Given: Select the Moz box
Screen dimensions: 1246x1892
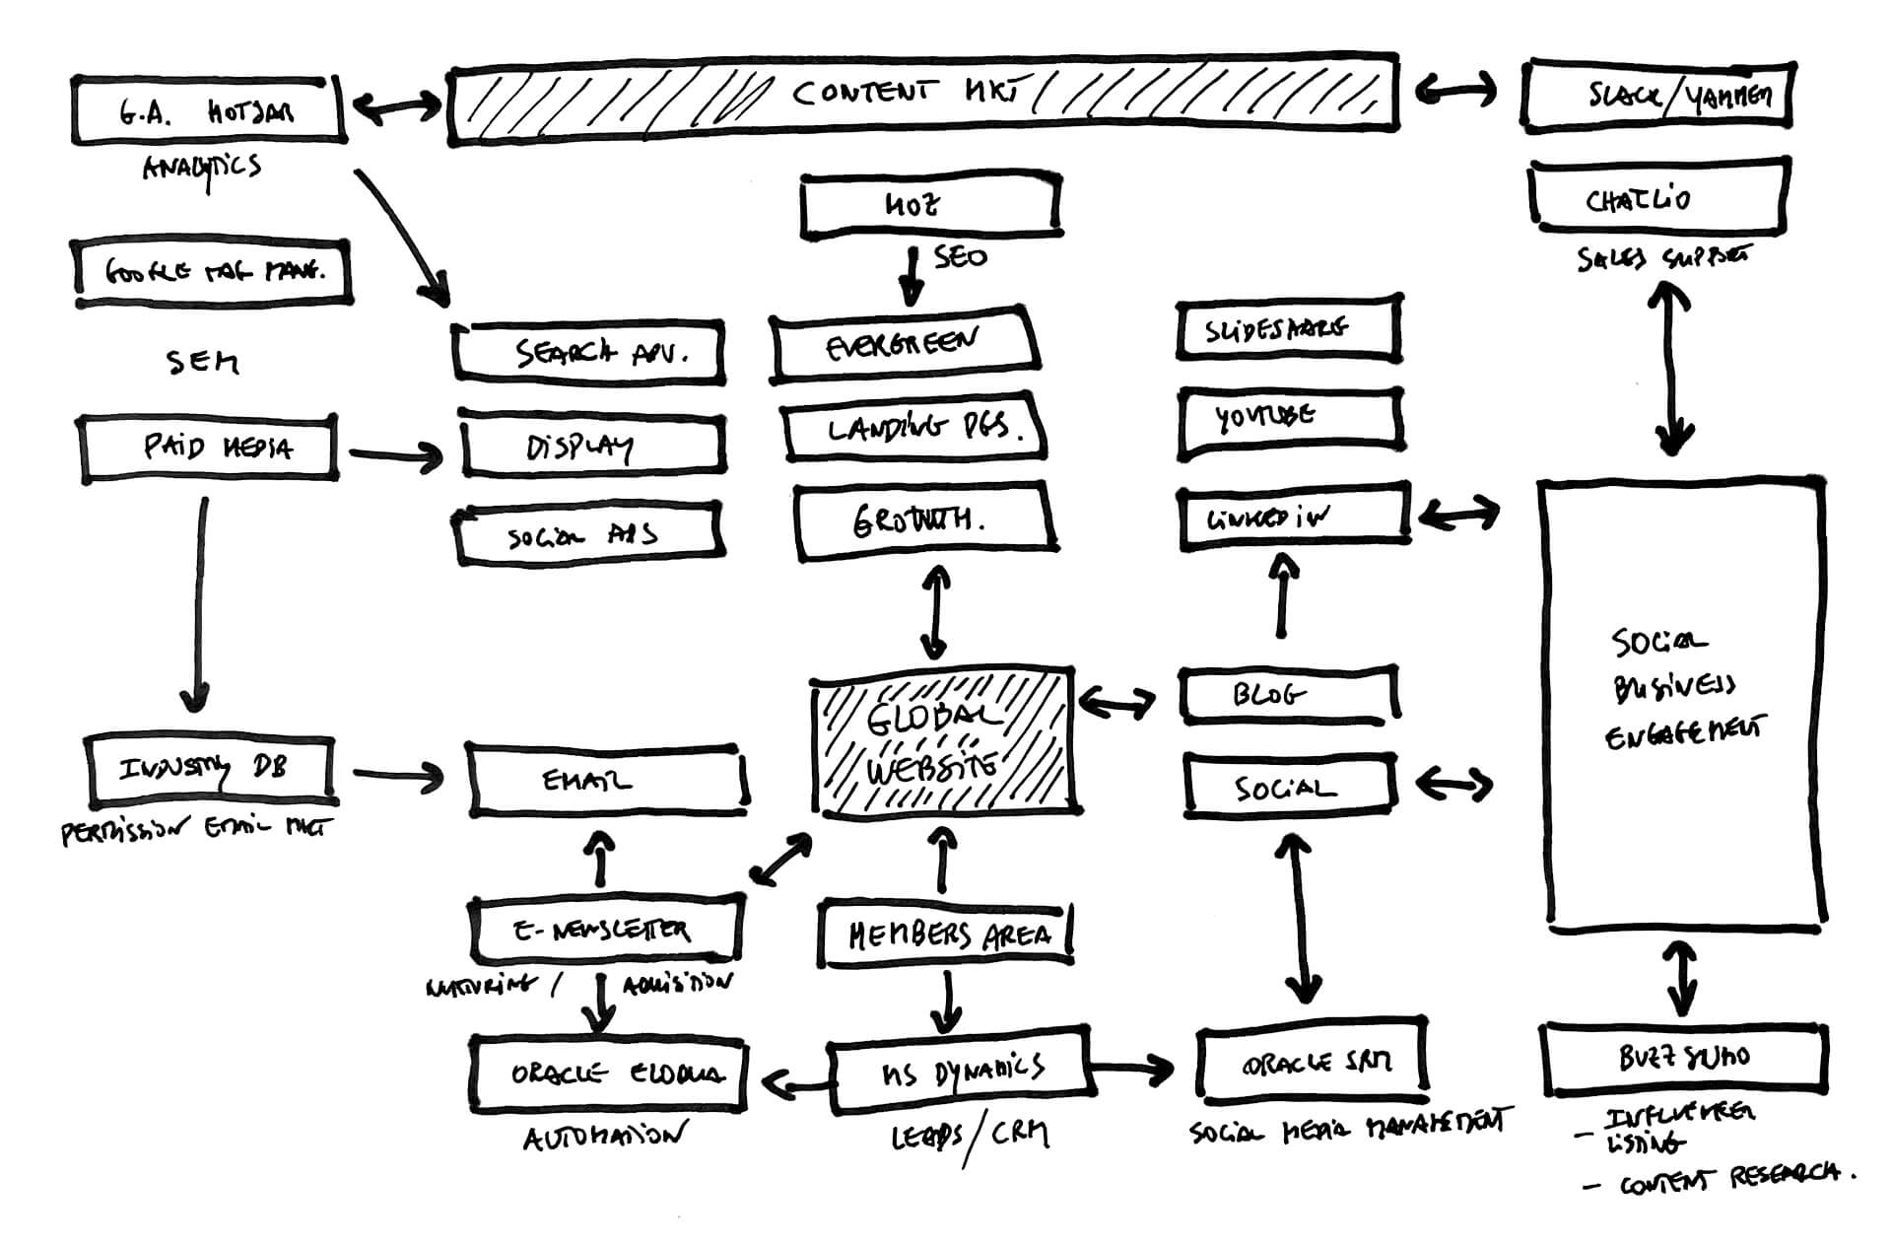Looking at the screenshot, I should (x=930, y=206).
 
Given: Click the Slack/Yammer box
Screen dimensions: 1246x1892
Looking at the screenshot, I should (x=1658, y=96).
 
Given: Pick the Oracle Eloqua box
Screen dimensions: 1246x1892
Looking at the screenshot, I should (x=608, y=1073).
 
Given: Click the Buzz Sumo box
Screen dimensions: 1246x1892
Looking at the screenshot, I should (x=1683, y=1059).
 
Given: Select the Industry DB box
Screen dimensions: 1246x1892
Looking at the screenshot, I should (x=210, y=769).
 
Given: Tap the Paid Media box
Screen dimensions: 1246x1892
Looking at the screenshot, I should (x=209, y=449).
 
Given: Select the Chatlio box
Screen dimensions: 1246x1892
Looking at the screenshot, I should (x=1658, y=198).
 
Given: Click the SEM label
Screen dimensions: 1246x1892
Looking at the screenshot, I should (x=202, y=362).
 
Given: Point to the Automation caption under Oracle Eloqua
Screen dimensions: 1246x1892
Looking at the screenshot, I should (x=603, y=1139).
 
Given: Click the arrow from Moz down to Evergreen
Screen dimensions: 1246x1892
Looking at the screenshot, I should (x=912, y=278).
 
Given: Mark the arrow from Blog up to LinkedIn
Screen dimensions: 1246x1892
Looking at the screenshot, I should (x=1282, y=596).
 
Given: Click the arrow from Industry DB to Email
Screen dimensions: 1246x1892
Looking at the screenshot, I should (x=398, y=777).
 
